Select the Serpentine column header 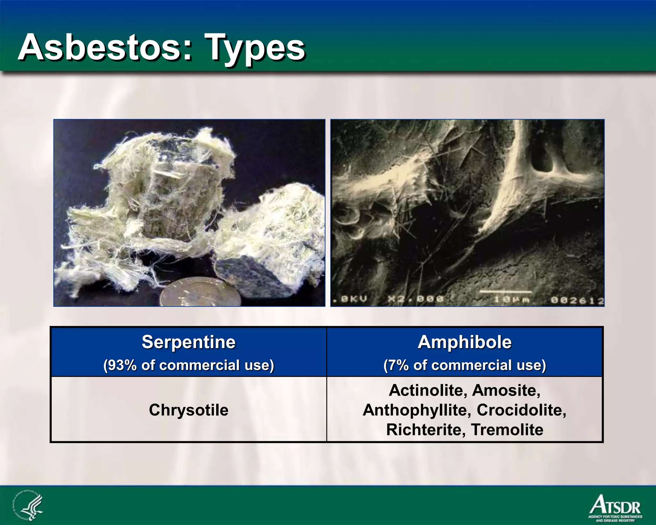pyautogui.click(x=189, y=342)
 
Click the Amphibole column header pyautogui.click(x=464, y=342)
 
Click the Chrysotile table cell pyautogui.click(x=189, y=410)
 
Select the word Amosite pyautogui.click(x=506, y=390)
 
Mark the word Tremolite pyautogui.click(x=507, y=429)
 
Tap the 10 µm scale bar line pyautogui.click(x=505, y=292)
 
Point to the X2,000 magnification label pyautogui.click(x=416, y=299)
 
